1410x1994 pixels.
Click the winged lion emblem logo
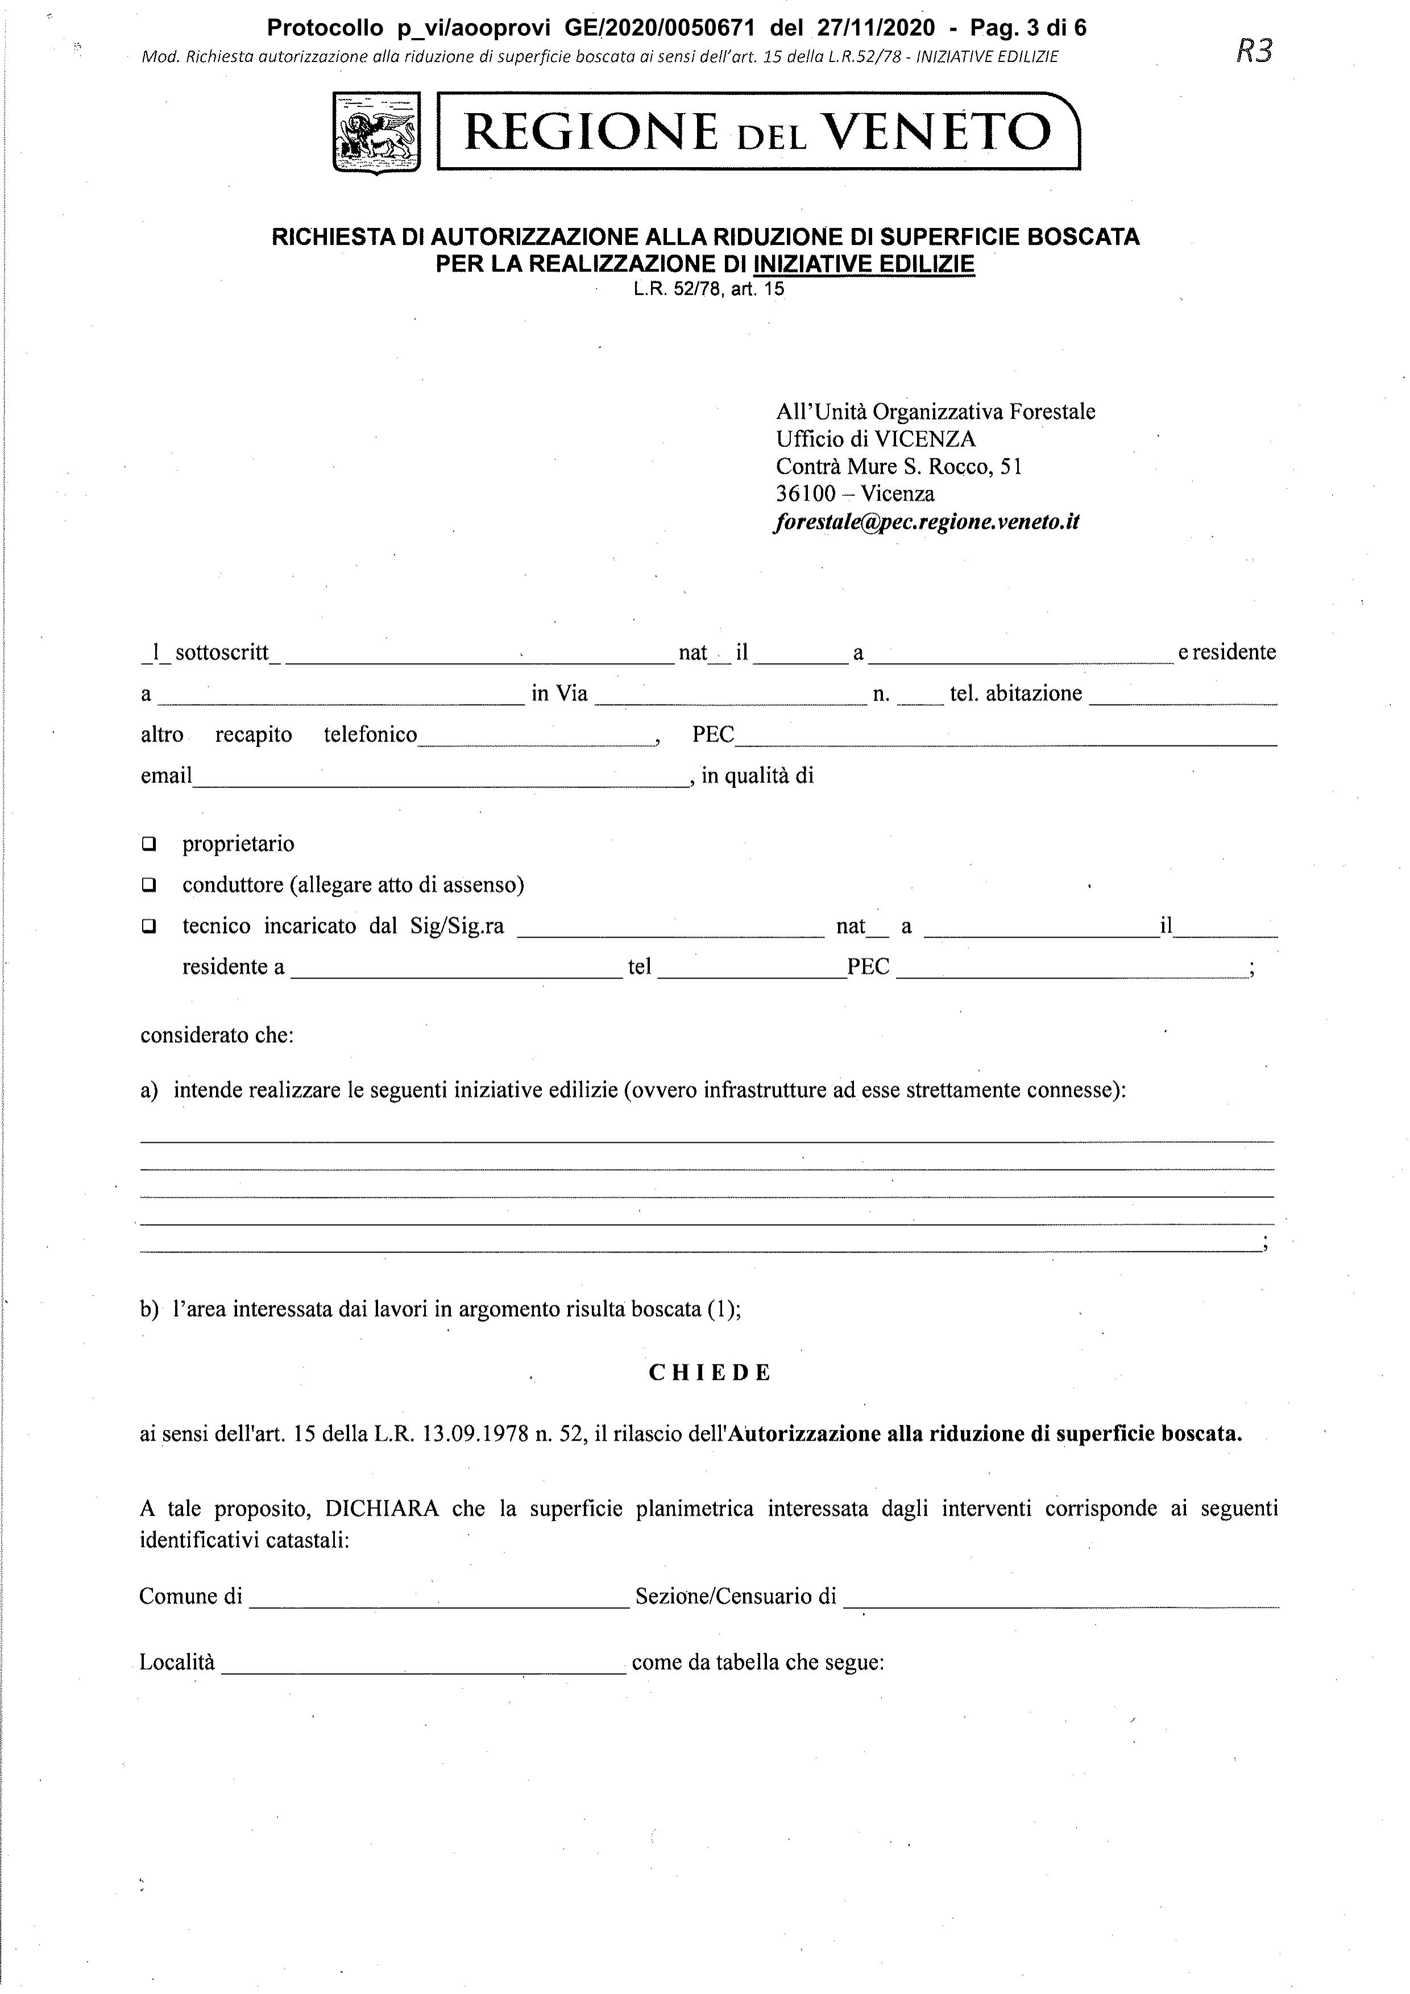coord(376,134)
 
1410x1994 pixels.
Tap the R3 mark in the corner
coord(1253,51)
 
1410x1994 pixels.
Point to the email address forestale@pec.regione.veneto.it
coord(927,522)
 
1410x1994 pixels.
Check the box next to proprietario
coord(150,843)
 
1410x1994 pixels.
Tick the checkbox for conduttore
coord(150,885)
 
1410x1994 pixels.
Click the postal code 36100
coord(806,494)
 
